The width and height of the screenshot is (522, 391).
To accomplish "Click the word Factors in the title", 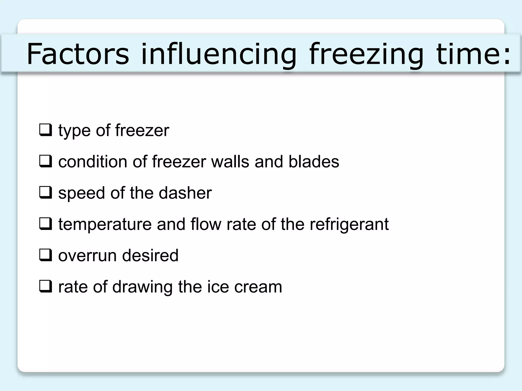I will [78, 54].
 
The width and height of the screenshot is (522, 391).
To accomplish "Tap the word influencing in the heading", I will [219, 54].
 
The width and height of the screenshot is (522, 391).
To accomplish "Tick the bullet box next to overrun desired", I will [46, 255].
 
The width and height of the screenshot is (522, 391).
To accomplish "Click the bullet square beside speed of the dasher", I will [46, 193].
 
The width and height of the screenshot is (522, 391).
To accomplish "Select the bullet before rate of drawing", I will [46, 286].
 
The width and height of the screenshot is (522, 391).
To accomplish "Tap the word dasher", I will [185, 193].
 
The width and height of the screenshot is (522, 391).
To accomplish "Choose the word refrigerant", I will [349, 224].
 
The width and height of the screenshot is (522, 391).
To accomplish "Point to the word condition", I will [93, 161].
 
